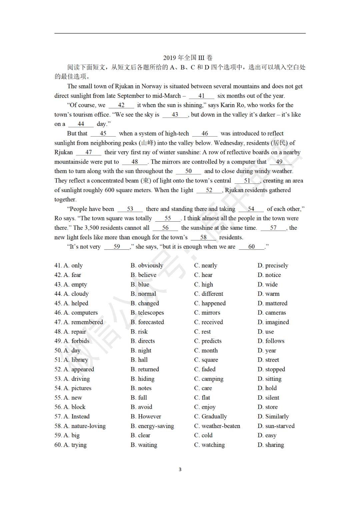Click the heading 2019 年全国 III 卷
(188, 58)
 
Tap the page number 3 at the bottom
(180, 469)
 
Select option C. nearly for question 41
(206, 265)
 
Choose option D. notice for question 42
(269, 275)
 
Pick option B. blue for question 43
(140, 284)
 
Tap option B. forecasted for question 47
(147, 322)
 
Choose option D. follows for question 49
(271, 341)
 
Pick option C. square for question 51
(206, 360)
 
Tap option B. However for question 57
(146, 416)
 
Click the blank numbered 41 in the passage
(201, 96)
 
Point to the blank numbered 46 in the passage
(205, 134)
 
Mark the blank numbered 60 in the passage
(251, 247)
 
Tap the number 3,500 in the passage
(92, 228)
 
